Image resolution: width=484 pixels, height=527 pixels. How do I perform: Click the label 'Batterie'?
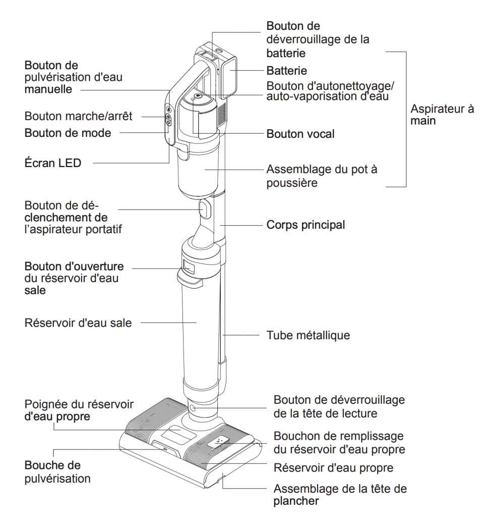[286, 71]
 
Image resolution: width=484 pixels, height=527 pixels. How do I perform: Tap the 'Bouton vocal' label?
[300, 134]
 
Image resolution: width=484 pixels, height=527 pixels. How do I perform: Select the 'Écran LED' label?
[53, 163]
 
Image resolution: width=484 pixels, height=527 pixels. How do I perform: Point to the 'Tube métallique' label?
[308, 335]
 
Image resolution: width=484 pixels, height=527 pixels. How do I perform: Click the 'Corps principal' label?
[306, 225]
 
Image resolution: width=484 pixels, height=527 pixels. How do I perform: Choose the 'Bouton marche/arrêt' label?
[78, 116]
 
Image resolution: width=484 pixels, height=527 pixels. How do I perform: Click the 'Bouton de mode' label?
[68, 133]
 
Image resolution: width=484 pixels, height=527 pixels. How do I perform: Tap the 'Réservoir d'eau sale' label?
[78, 323]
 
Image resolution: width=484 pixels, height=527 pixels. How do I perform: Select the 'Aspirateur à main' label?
[442, 115]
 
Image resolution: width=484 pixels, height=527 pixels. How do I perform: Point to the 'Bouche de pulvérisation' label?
[57, 472]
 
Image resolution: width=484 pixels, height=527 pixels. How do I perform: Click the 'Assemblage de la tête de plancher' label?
[340, 495]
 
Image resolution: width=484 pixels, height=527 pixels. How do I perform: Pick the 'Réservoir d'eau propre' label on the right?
[333, 468]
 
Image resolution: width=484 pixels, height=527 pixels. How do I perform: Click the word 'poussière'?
[292, 183]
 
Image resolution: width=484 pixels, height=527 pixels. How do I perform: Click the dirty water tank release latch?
[188, 265]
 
